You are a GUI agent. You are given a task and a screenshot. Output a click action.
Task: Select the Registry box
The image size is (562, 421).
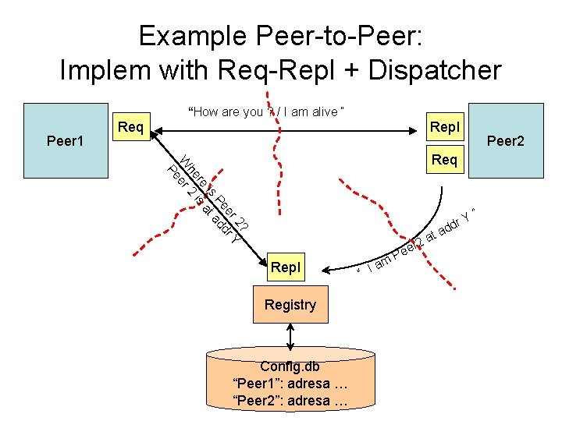pos(290,305)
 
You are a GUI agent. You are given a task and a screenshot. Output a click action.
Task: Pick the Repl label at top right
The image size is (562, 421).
pos(445,126)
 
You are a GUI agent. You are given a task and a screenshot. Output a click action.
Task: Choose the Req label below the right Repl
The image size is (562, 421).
pos(444,160)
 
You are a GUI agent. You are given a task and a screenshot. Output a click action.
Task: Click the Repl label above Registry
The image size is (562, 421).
pos(285,267)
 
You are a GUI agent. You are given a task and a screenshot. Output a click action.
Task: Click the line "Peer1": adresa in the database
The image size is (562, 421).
pos(290,384)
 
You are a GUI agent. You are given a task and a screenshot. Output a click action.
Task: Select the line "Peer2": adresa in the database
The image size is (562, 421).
pos(290,402)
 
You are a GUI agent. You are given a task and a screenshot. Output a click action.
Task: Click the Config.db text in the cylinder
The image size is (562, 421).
pos(290,366)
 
